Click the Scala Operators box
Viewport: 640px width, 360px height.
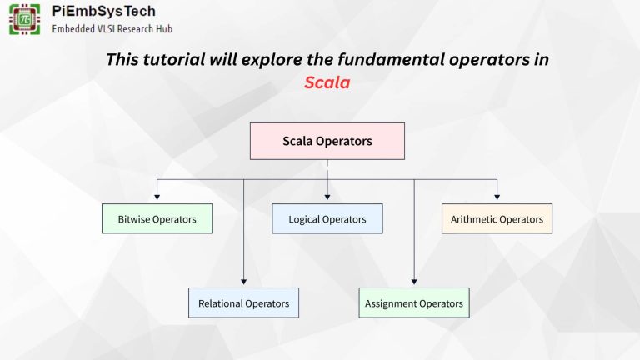tap(327, 141)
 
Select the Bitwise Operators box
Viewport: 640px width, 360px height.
tap(157, 219)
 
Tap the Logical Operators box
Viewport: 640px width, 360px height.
tap(327, 219)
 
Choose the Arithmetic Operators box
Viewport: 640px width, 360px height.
tap(497, 219)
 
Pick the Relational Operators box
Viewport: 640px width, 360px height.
tap(243, 303)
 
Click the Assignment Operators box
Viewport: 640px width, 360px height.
tap(414, 303)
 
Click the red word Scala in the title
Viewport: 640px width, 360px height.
tap(327, 83)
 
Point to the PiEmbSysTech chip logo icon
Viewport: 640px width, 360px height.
tap(25, 18)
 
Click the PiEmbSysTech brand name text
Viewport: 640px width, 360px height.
tap(103, 12)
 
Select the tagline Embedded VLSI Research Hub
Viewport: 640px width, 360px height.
tap(112, 28)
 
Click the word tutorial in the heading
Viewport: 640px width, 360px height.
tap(182, 60)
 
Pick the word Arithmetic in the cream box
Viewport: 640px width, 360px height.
tap(475, 219)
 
